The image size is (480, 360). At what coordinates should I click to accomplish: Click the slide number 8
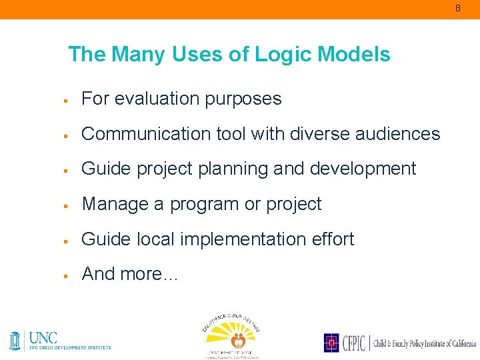click(x=458, y=9)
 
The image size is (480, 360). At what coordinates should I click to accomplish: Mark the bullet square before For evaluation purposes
click(x=67, y=100)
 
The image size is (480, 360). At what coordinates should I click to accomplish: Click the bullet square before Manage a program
click(x=67, y=205)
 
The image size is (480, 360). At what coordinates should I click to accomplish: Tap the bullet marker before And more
click(x=67, y=275)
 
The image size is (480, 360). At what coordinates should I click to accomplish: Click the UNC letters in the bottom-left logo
click(x=43, y=337)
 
